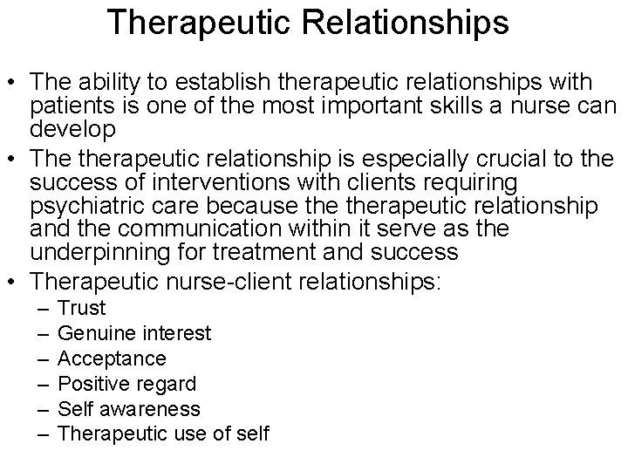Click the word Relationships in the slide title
pos(404,24)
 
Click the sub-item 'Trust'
pos(81,308)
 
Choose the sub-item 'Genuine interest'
pos(133,333)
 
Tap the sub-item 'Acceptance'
pos(112,358)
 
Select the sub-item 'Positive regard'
pos(126,384)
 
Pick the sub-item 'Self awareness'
pos(129,408)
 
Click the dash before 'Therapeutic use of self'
pos(43,433)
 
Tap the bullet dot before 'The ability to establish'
pos(13,83)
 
